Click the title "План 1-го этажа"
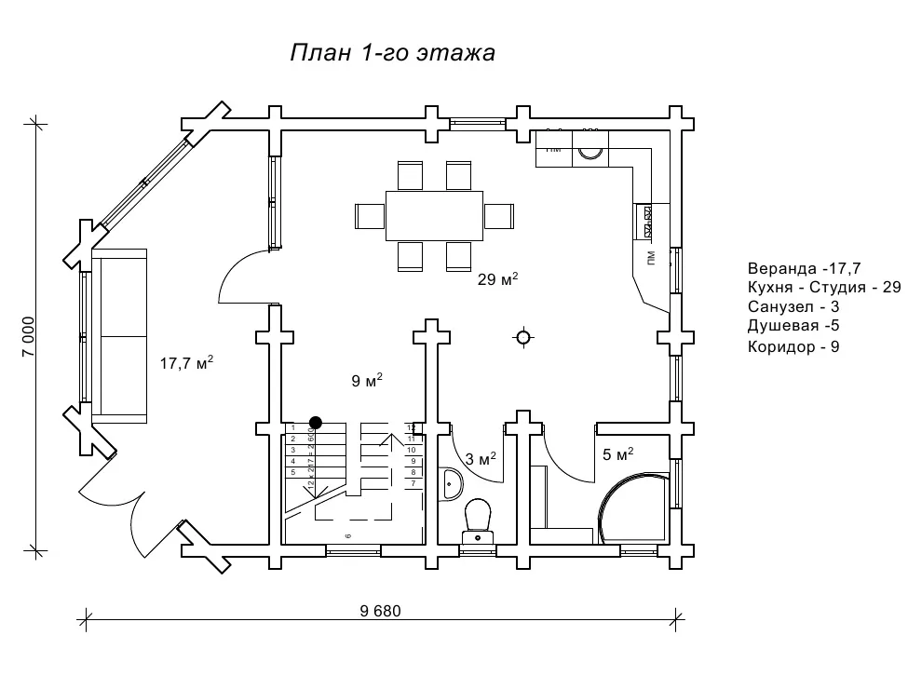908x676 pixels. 392,53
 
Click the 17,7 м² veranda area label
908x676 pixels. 187,362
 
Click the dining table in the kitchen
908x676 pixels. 435,215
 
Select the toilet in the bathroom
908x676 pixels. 477,518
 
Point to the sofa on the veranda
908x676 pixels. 119,336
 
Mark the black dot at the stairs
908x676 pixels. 316,422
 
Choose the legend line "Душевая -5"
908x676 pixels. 795,326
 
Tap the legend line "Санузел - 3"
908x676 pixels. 793,306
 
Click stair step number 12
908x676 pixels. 411,427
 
